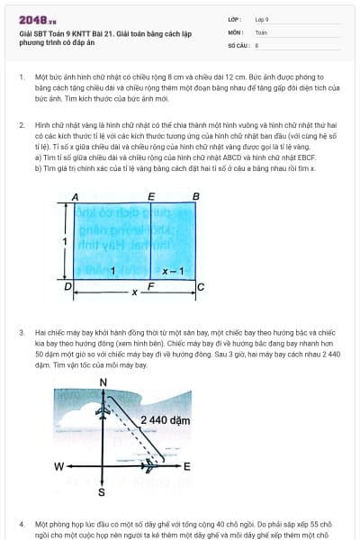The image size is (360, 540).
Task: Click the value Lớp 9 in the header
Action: (262, 18)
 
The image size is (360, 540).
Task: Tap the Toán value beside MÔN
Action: (261, 31)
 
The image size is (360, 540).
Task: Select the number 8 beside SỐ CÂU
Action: (256, 43)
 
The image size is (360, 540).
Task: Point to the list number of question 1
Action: (22, 77)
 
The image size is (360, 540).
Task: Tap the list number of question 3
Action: (22, 332)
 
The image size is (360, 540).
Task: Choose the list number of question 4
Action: (22, 523)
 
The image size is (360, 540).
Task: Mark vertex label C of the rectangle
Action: (200, 286)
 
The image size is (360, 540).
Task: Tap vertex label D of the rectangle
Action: (68, 286)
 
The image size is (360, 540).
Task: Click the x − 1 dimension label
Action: (173, 271)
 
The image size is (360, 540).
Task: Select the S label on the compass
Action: (101, 492)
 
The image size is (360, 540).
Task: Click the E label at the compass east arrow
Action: (187, 467)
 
